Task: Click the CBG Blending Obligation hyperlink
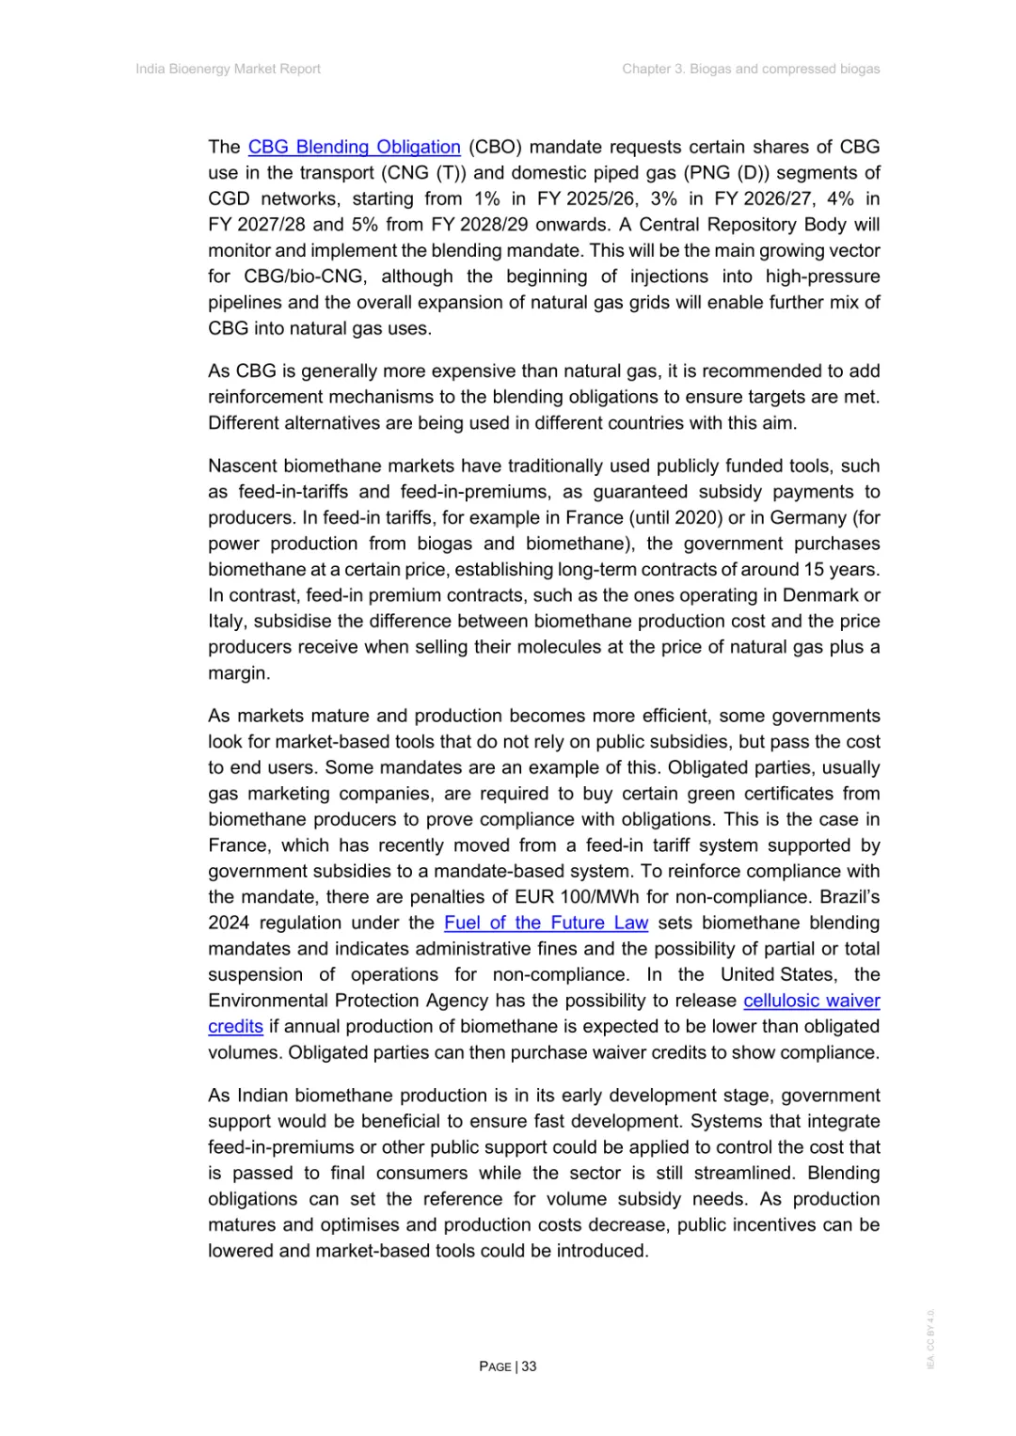[x=354, y=148]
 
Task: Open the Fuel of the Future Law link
[x=546, y=923]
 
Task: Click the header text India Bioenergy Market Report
[x=228, y=69]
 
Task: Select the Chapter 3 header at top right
[x=751, y=69]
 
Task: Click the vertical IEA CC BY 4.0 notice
[x=930, y=1339]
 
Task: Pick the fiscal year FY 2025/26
[x=591, y=199]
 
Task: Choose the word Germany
[x=808, y=518]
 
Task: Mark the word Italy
[x=226, y=622]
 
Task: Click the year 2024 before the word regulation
[x=228, y=923]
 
